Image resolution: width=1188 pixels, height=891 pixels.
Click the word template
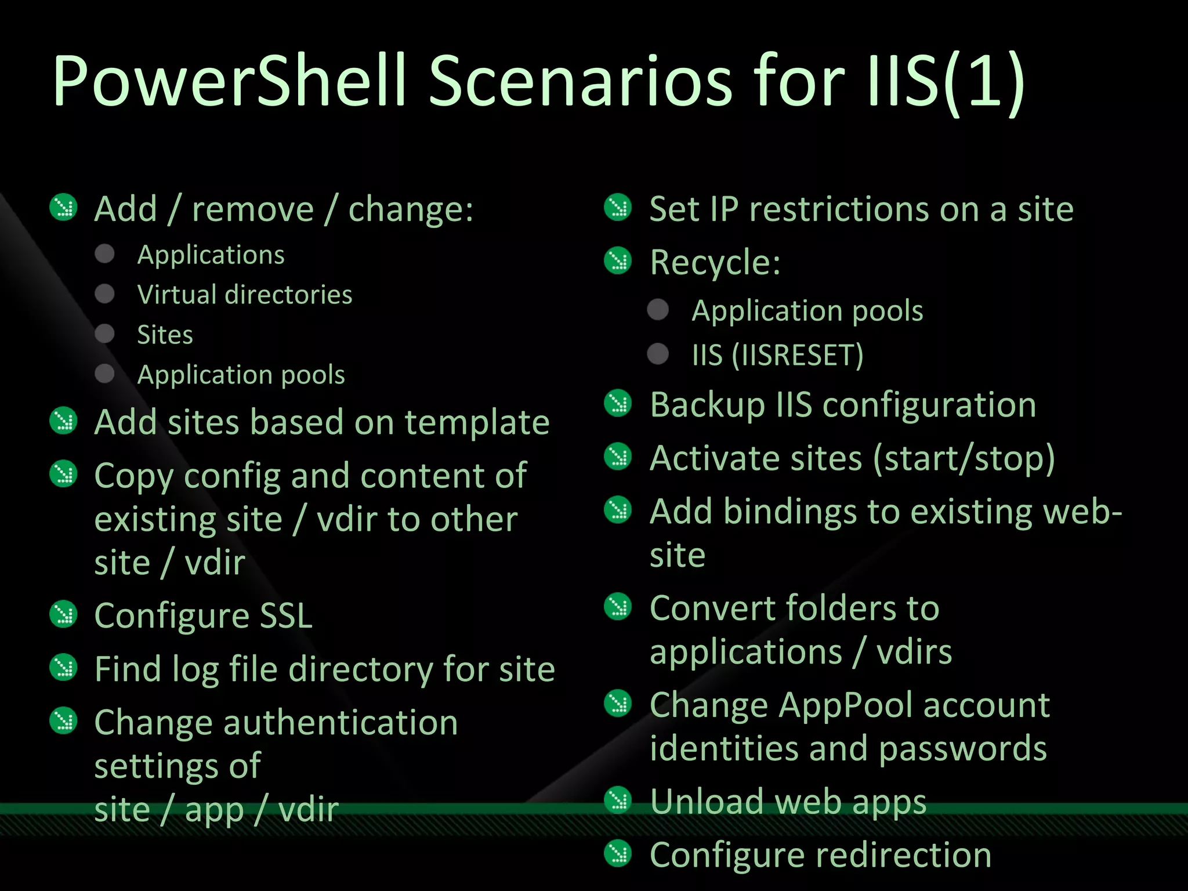477,422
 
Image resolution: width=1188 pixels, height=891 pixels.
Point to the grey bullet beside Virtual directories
105,294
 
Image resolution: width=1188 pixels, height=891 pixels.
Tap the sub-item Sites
165,335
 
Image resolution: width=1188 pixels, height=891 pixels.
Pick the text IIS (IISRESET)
777,355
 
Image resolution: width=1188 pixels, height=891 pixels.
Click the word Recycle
715,263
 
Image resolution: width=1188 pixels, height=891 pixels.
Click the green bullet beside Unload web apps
618,801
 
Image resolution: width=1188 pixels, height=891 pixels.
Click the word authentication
341,723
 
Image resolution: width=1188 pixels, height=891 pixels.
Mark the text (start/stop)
964,459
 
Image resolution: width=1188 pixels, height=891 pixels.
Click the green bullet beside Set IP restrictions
618,208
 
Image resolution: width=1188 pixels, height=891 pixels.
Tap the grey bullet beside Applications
105,253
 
